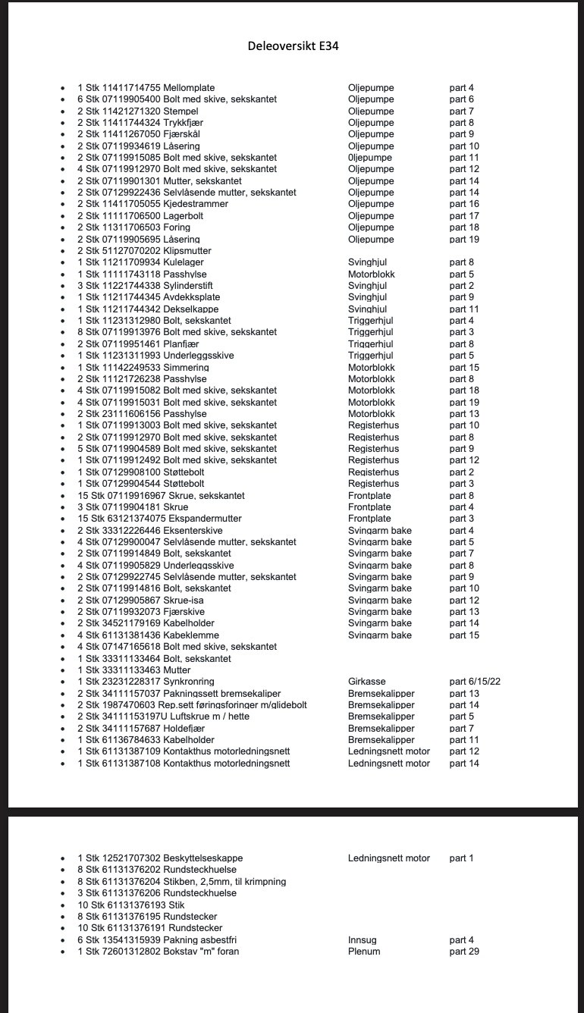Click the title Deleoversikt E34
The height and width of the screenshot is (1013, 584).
tap(293, 45)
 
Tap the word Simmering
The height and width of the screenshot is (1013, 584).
tap(186, 368)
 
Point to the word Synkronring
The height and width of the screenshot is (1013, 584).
tap(189, 682)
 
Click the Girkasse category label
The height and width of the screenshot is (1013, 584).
tap(367, 682)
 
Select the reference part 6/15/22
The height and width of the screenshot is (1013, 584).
tap(475, 682)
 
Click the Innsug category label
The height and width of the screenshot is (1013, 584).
tap(363, 940)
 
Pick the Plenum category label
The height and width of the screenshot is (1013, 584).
tap(364, 952)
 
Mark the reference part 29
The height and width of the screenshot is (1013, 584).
tap(464, 952)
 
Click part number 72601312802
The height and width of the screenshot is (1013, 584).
tap(131, 952)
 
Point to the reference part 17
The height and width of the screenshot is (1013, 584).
tap(464, 216)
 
